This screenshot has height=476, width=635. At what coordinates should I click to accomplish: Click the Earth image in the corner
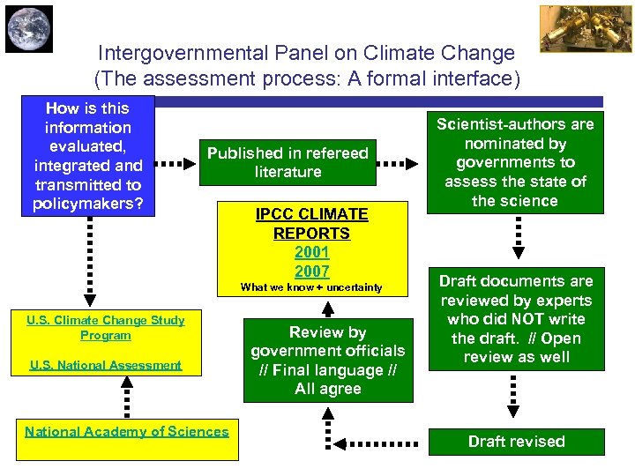pyautogui.click(x=29, y=29)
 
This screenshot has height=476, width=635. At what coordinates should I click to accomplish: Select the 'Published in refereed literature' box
pyautogui.click(x=288, y=162)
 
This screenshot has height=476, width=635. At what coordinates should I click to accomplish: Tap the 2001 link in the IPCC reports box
pyautogui.click(x=311, y=252)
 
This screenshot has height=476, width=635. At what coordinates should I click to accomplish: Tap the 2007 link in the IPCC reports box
pyautogui.click(x=311, y=271)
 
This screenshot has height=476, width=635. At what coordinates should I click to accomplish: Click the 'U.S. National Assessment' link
pyautogui.click(x=106, y=365)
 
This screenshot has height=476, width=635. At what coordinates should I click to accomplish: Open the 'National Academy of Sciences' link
pyautogui.click(x=127, y=431)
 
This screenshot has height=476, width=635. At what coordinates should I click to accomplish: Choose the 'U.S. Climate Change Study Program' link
pyautogui.click(x=106, y=327)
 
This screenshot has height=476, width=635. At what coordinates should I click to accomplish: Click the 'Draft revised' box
pyautogui.click(x=517, y=442)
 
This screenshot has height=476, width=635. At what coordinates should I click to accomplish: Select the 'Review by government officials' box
pyautogui.click(x=328, y=360)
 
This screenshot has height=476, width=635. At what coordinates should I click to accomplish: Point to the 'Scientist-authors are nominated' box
pyautogui.click(x=515, y=162)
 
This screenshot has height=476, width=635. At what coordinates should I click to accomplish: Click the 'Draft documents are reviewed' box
pyautogui.click(x=517, y=318)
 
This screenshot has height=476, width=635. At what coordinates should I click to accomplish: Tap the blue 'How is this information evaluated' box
pyautogui.click(x=87, y=156)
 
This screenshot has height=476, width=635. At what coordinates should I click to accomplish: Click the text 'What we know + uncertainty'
pyautogui.click(x=311, y=287)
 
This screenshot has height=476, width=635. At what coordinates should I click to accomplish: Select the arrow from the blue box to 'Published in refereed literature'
pyautogui.click(x=177, y=163)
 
